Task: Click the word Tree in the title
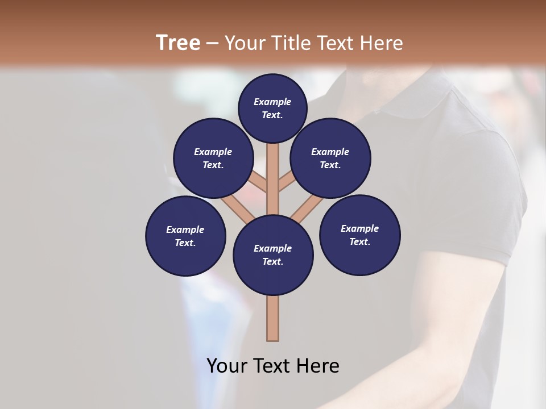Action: pos(178,43)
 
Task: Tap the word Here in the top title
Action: pos(382,43)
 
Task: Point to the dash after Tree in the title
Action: pos(212,44)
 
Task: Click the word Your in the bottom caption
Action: pos(227,366)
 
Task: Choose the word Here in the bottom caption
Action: pos(317,366)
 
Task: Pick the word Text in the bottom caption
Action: pos(271,366)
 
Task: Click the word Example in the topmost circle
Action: pos(272,102)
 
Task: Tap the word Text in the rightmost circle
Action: pos(359,241)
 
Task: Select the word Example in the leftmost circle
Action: pos(185,229)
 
